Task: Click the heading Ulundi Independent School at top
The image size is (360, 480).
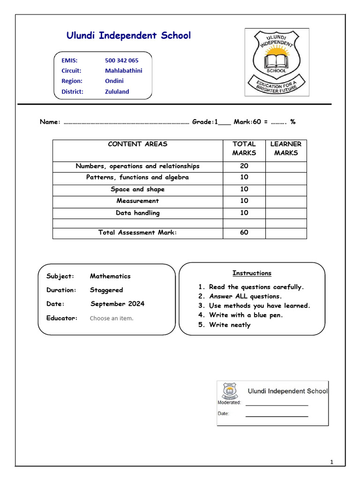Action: [128, 35]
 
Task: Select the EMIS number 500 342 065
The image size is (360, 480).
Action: [121, 60]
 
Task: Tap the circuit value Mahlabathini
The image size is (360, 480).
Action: [123, 71]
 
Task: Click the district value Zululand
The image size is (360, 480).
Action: [117, 92]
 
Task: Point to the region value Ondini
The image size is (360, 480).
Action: [114, 81]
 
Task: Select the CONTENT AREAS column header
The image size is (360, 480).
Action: [137, 144]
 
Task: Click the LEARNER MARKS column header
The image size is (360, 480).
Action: [285, 149]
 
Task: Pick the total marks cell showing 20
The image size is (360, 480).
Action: [244, 166]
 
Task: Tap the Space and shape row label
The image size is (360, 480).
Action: [137, 189]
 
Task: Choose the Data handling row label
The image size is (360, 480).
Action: [137, 213]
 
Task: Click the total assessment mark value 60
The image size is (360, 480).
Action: [244, 232]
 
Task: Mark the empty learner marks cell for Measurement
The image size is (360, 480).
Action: [285, 201]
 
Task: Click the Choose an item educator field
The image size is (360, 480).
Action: [112, 318]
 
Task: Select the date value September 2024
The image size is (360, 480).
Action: [117, 304]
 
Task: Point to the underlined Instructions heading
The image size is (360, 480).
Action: [252, 273]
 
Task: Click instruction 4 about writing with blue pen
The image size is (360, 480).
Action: [246, 315]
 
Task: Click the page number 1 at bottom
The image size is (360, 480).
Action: [331, 463]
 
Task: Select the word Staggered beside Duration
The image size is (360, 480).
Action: [106, 290]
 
